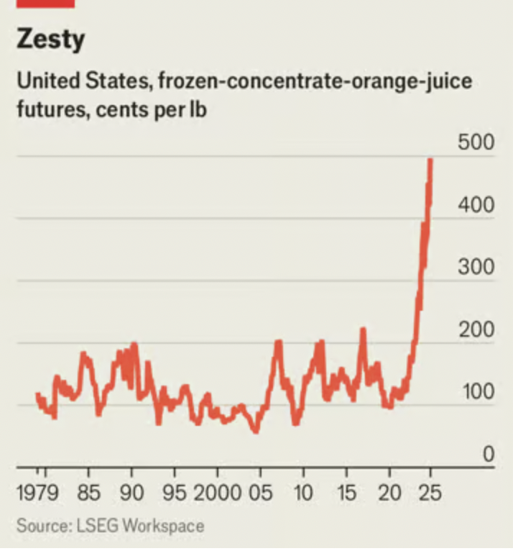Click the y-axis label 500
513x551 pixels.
pos(475,143)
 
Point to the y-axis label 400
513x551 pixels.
pos(475,206)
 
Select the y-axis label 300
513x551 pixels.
pos(475,268)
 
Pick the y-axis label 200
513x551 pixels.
pos(475,331)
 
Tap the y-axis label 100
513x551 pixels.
pos(475,393)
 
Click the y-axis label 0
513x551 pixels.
pos(488,455)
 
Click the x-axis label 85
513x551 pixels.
pos(88,495)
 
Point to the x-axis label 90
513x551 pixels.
pos(131,495)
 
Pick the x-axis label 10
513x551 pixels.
pos(303,495)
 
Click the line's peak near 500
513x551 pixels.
pos(430,160)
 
